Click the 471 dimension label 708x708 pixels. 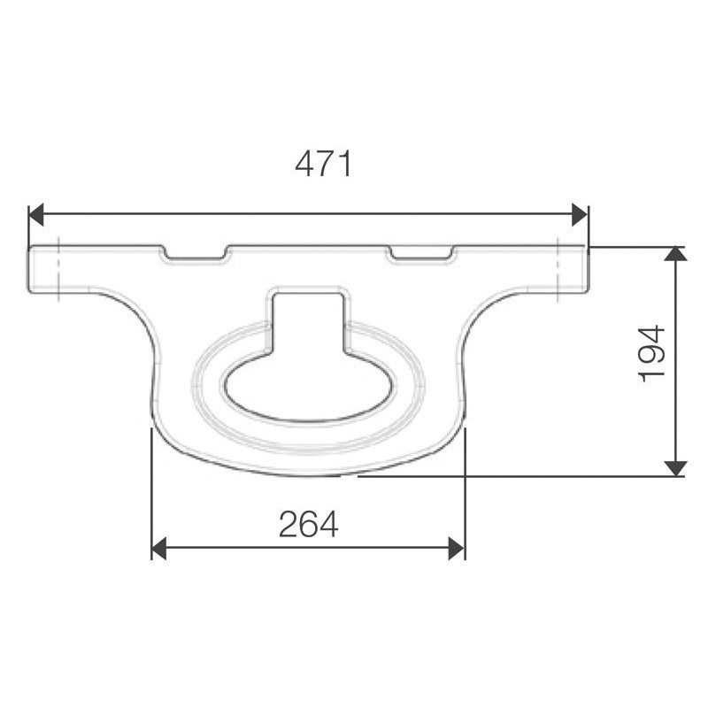pos(323,164)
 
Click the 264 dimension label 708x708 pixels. pos(308,524)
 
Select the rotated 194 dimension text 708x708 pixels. pos(652,353)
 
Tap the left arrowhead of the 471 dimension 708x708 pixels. pos(36,214)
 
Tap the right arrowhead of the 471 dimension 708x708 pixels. pos(580,214)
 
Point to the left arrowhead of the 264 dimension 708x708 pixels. pos(159,549)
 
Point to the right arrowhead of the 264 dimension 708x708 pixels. pos(456,549)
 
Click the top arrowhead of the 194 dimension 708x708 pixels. pos(676,254)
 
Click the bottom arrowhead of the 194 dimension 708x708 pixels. pos(676,468)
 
